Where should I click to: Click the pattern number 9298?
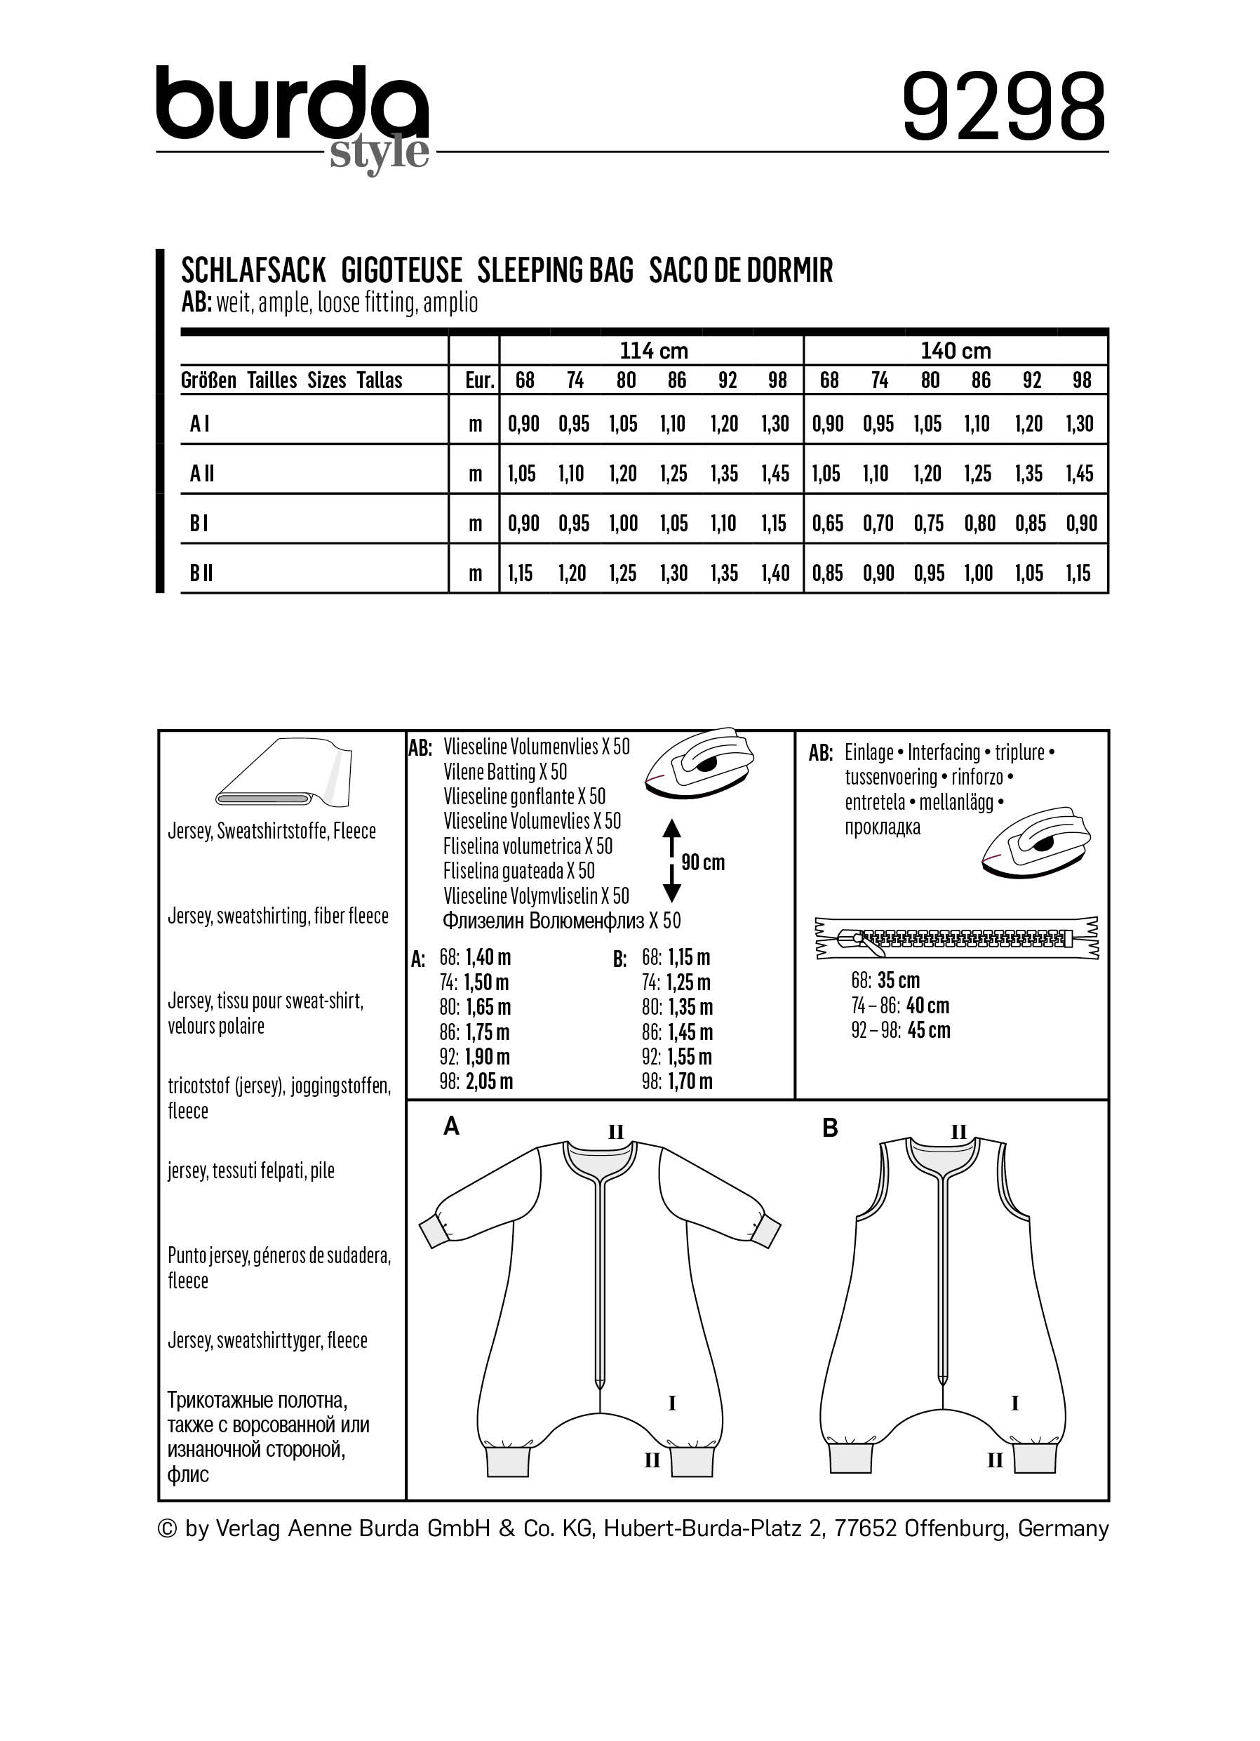click(x=1003, y=107)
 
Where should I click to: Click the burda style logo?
click(x=293, y=115)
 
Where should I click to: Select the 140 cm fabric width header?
click(x=956, y=351)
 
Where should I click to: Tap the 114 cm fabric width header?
click(x=653, y=351)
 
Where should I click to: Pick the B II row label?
click(x=201, y=573)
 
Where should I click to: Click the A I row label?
click(x=199, y=423)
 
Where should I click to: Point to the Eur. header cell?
click(x=480, y=380)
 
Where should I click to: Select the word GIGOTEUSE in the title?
click(x=401, y=271)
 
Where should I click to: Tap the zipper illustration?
click(x=957, y=938)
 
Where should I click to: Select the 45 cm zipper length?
click(x=928, y=1030)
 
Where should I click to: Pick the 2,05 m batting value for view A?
click(x=489, y=1081)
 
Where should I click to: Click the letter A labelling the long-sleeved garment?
click(x=451, y=1127)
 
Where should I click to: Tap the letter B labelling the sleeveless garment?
click(x=829, y=1128)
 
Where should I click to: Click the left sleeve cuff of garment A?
click(x=436, y=1229)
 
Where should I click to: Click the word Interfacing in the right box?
click(x=944, y=752)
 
